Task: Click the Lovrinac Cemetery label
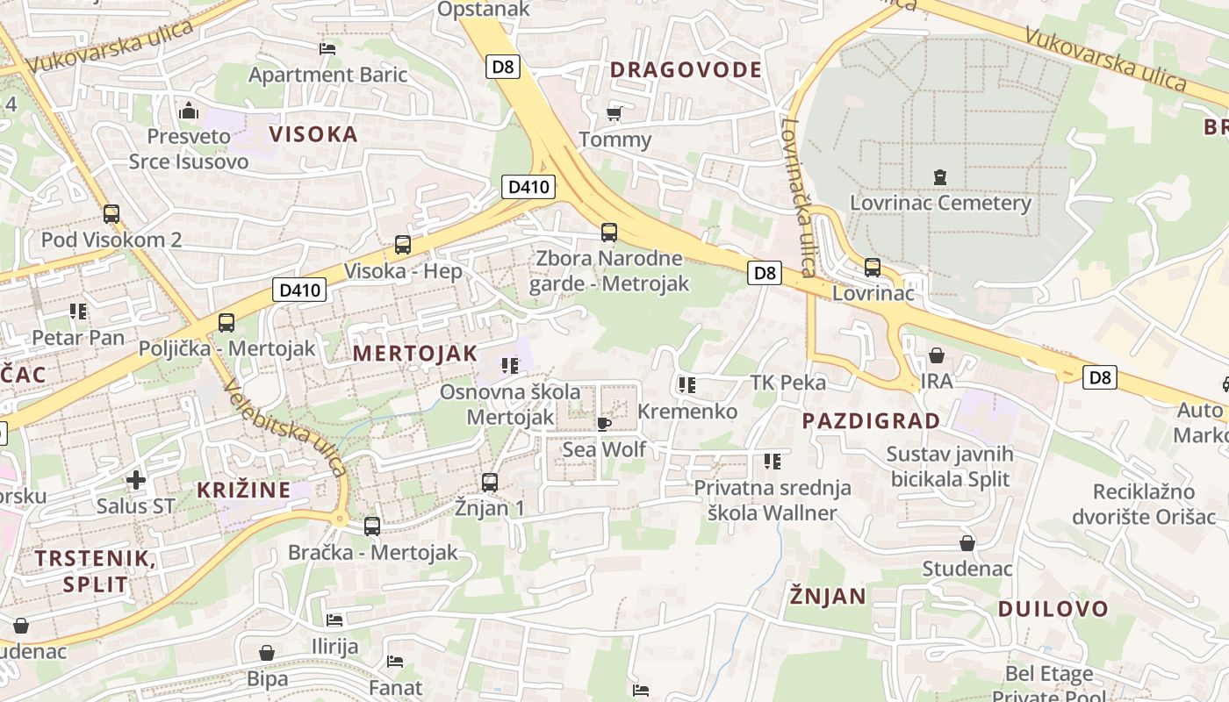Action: click(940, 203)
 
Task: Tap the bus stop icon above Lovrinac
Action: click(872, 267)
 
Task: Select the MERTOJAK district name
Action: click(415, 354)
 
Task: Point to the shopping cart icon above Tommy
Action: click(614, 113)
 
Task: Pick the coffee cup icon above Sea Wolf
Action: click(604, 424)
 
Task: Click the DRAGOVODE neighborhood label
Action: click(686, 70)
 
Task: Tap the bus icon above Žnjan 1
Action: click(490, 482)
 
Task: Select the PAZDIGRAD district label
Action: click(871, 420)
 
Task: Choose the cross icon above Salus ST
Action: click(135, 480)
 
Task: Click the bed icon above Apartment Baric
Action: click(327, 49)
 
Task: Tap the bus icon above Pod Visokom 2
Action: click(111, 213)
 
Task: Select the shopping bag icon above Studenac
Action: click(967, 543)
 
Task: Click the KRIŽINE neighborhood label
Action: click(243, 490)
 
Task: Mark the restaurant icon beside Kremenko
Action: click(686, 384)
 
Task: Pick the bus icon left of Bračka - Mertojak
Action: click(372, 526)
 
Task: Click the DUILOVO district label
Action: click(1053, 608)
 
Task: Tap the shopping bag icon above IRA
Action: click(937, 355)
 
